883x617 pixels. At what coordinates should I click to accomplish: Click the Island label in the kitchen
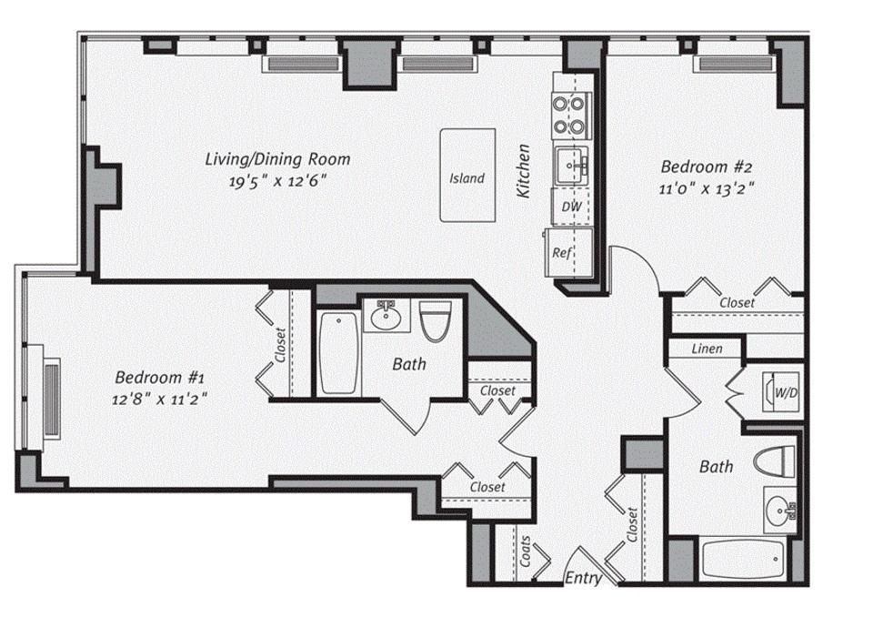click(467, 178)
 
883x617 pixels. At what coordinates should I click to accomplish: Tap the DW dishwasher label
click(571, 207)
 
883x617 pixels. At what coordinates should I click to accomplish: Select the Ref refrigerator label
click(563, 252)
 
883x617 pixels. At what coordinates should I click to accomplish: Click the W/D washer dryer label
click(786, 393)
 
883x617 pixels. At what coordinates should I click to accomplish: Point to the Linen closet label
click(707, 349)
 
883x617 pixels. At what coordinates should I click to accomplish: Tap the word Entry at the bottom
click(583, 578)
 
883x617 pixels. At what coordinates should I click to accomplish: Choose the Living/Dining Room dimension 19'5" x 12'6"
click(277, 180)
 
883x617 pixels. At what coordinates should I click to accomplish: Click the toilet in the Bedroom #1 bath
click(435, 322)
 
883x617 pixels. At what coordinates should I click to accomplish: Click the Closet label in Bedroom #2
click(737, 303)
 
